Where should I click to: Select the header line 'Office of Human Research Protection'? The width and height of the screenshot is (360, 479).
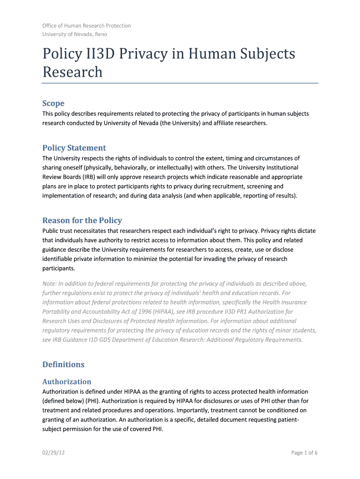pos(86,26)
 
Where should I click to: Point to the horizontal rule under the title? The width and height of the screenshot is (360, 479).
pos(180,83)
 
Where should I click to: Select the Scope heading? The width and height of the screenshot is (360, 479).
pos(53,103)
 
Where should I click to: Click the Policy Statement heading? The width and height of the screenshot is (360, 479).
pos(74,148)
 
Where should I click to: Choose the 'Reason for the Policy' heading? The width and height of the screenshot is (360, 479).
pos(82,220)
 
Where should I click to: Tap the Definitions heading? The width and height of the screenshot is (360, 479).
pos(63,364)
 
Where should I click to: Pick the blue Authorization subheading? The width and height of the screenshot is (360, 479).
pos(66,382)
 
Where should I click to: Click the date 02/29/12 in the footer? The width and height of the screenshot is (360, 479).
pos(54,453)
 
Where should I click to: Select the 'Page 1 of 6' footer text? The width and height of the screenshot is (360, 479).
pos(304,453)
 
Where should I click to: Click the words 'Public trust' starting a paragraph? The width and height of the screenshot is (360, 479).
pos(58,231)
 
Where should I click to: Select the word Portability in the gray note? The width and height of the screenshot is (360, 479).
pos(58,312)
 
